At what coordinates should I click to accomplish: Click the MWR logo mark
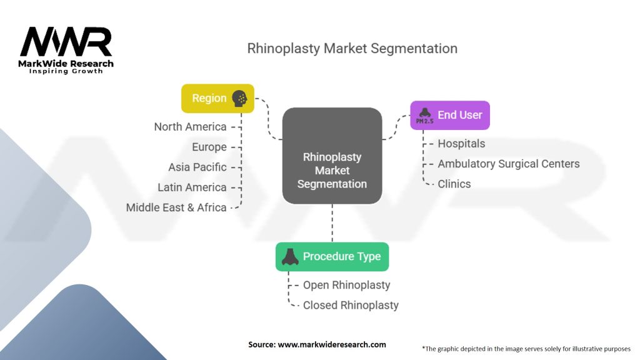pyautogui.click(x=66, y=42)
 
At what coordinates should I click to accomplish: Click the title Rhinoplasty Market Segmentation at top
pyautogui.click(x=352, y=48)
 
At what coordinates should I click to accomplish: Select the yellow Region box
pyautogui.click(x=217, y=98)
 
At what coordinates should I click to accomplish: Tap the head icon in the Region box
pyautogui.click(x=239, y=98)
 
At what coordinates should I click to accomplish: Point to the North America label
pyautogui.click(x=190, y=127)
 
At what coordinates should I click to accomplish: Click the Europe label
pyautogui.click(x=209, y=147)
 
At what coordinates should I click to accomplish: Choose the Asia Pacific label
pyautogui.click(x=197, y=167)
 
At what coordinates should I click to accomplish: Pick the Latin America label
pyautogui.click(x=192, y=187)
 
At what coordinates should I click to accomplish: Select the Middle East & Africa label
pyautogui.click(x=176, y=207)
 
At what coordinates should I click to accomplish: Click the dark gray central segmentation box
pyautogui.click(x=332, y=156)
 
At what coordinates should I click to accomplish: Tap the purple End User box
pyautogui.click(x=449, y=115)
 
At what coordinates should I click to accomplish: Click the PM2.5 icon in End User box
pyautogui.click(x=424, y=116)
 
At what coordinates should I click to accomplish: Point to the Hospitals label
pyautogui.click(x=461, y=144)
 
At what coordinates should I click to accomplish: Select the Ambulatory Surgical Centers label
pyautogui.click(x=508, y=164)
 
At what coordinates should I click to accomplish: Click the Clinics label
pyautogui.click(x=454, y=184)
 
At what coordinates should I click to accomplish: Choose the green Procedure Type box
pyautogui.click(x=332, y=256)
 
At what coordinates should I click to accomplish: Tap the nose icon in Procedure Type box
pyautogui.click(x=289, y=257)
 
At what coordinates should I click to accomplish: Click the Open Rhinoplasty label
pyautogui.click(x=346, y=285)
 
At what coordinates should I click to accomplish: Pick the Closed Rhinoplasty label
pyautogui.click(x=351, y=305)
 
